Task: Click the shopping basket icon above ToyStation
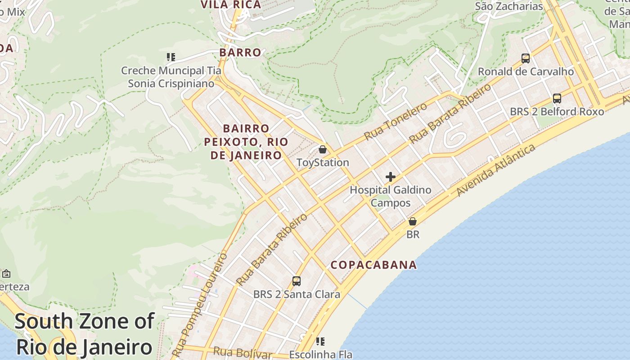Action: (323, 149)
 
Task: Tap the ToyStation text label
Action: (323, 162)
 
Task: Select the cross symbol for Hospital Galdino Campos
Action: (391, 177)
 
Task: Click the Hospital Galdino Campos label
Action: (391, 196)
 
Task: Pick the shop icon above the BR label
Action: (413, 221)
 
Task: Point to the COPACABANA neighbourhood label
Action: (374, 265)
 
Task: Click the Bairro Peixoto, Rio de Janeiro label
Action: (246, 142)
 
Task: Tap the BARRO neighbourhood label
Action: (240, 53)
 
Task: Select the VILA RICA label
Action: (231, 5)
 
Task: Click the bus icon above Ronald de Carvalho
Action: (526, 58)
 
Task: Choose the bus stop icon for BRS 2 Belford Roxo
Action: (557, 99)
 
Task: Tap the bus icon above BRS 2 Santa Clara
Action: (297, 281)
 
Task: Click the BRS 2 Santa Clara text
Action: (297, 295)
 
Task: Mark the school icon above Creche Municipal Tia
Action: (171, 57)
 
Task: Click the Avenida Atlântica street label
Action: (496, 170)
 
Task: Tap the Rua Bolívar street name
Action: (243, 353)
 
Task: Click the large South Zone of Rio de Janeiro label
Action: (85, 334)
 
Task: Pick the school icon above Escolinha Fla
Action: (320, 342)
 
